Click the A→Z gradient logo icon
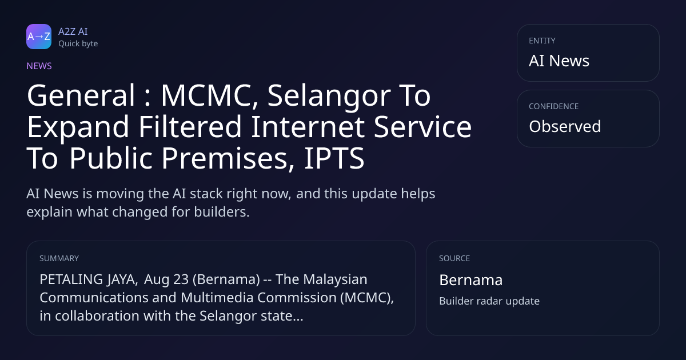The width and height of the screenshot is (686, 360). [39, 37]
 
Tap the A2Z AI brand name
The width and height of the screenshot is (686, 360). [73, 31]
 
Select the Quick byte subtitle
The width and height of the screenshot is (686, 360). [78, 44]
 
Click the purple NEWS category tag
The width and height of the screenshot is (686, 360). [39, 66]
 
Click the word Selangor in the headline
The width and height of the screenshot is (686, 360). [329, 97]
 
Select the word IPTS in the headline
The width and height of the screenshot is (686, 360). [334, 158]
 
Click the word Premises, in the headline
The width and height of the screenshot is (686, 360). [228, 159]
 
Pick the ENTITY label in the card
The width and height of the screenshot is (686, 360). [542, 41]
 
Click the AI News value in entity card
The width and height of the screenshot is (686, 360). [559, 61]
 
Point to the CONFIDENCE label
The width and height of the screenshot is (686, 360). [554, 106]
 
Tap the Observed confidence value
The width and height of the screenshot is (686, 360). [565, 126]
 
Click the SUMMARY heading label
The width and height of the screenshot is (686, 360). [59, 258]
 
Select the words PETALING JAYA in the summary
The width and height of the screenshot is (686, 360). [89, 279]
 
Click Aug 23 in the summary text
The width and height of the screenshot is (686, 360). [166, 279]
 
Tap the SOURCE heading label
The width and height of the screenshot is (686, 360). [454, 258]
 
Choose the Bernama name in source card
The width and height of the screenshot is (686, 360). [470, 280]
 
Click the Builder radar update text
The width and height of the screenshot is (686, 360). [489, 301]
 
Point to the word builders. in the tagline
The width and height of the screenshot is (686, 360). [222, 212]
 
